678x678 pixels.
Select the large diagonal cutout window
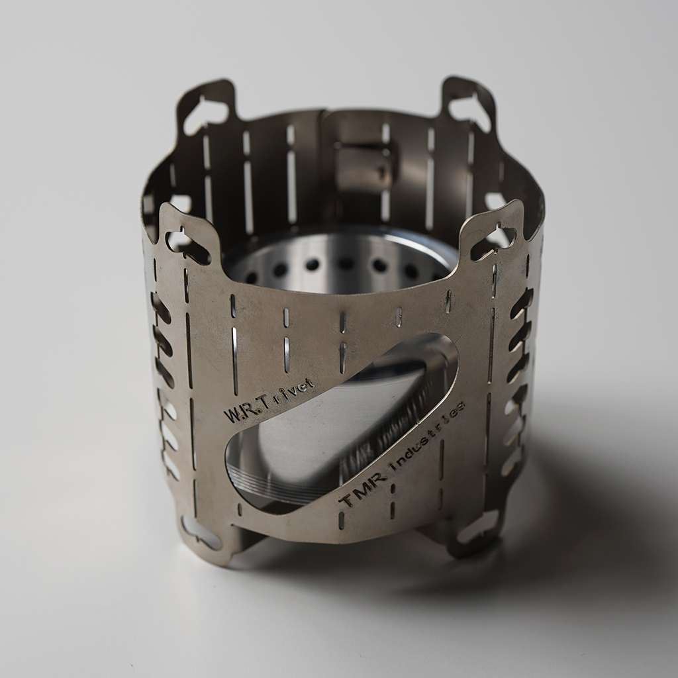click(x=342, y=424)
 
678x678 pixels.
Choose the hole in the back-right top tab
click(x=469, y=110)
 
